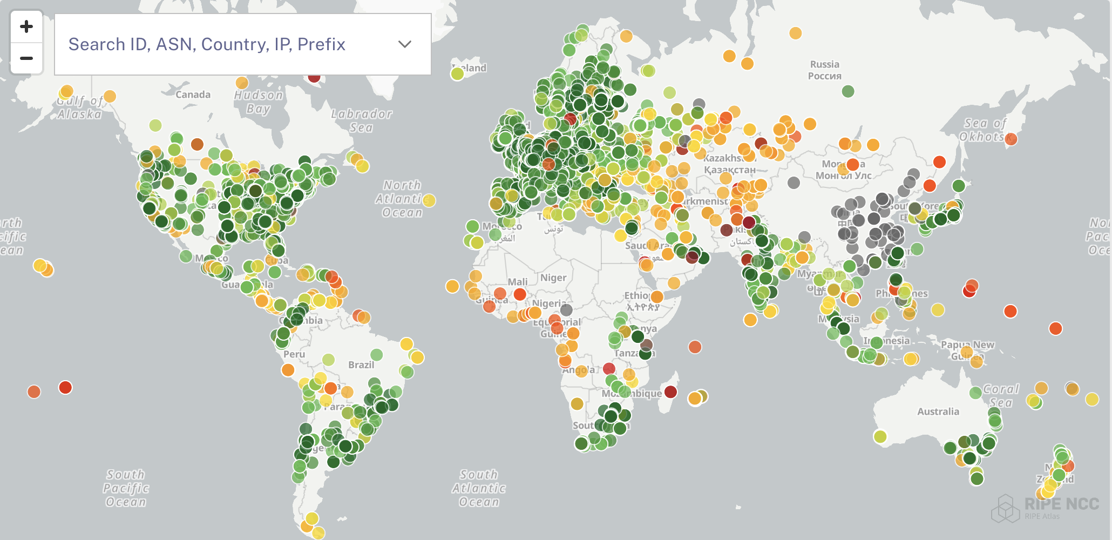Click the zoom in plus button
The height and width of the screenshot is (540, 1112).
26,26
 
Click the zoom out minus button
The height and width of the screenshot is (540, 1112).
26,58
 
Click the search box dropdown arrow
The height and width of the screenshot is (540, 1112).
404,44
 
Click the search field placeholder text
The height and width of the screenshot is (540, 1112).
207,44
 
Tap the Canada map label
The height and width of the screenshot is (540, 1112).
193,94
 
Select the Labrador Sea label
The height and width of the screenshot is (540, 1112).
361,120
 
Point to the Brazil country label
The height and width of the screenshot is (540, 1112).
361,364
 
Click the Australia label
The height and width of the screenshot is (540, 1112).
938,411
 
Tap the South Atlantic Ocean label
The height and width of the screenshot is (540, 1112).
479,488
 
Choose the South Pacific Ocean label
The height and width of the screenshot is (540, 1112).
126,488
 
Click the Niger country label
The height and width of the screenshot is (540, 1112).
553,278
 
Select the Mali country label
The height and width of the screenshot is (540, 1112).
517,281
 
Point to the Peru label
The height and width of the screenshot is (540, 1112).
294,354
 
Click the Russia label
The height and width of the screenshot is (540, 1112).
824,70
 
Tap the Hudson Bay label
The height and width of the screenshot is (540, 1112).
259,102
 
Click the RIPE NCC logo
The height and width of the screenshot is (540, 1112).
1045,508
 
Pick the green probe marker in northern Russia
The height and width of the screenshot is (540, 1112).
848,91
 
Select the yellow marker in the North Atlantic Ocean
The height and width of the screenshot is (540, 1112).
429,200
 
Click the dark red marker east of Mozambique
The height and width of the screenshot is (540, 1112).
670,391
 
